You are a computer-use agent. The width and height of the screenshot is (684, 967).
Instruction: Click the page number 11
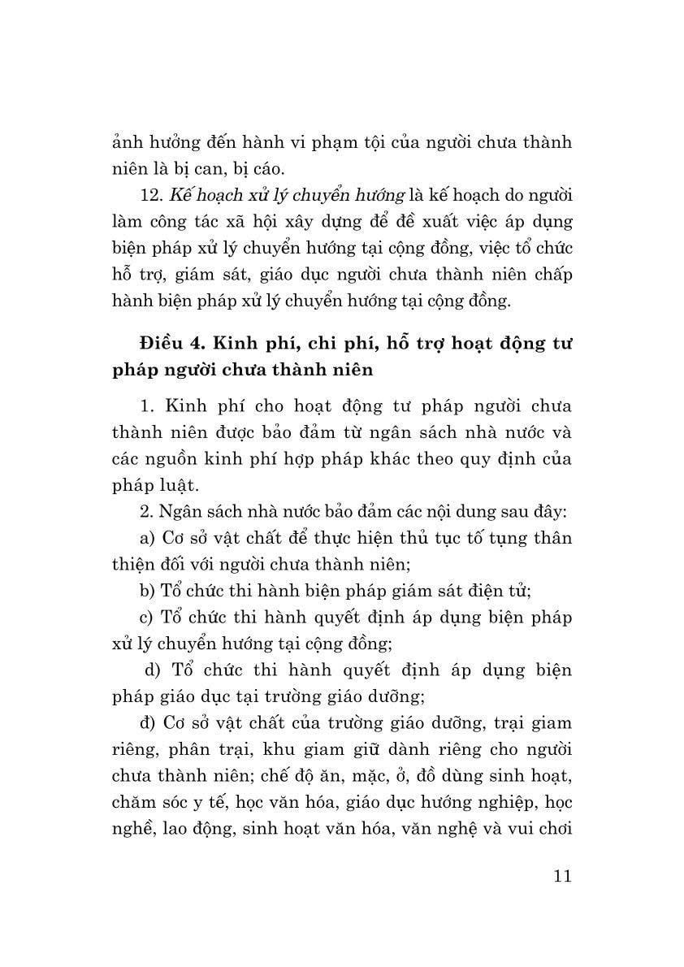(x=561, y=876)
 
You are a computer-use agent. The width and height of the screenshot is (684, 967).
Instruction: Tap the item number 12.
(x=152, y=195)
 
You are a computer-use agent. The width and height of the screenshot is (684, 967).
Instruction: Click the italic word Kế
(x=180, y=195)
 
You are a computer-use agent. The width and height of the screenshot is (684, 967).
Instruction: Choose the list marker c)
(x=147, y=617)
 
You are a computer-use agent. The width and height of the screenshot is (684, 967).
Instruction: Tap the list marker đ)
(x=149, y=721)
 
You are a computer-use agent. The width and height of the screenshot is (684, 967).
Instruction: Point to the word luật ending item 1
(x=180, y=485)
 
